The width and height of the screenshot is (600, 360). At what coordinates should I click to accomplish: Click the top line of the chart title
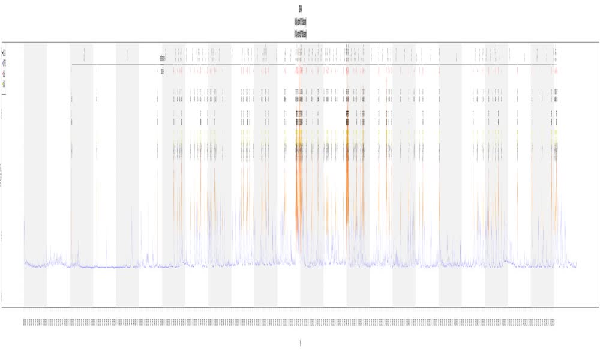click(300, 8)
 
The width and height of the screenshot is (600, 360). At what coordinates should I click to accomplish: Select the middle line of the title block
click(301, 22)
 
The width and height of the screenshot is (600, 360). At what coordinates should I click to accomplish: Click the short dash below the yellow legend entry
click(4, 94)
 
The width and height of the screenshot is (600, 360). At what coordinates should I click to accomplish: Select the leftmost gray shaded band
click(35, 174)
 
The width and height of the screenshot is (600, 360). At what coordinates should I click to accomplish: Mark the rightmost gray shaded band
click(542, 174)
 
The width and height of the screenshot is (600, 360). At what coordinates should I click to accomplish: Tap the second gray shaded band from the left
click(82, 174)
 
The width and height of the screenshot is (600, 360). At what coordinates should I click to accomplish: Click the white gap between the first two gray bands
click(58, 174)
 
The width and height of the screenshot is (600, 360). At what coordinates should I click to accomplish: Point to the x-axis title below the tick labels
click(300, 343)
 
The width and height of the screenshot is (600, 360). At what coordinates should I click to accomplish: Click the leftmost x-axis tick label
click(25, 323)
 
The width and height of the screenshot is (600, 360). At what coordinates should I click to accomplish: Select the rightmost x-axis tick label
click(554, 323)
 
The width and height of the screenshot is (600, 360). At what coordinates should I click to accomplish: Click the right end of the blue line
click(576, 266)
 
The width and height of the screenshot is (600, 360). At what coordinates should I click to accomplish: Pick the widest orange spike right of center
click(347, 180)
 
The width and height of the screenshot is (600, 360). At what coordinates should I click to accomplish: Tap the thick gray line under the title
click(300, 43)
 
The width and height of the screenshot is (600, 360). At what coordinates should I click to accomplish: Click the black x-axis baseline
click(300, 307)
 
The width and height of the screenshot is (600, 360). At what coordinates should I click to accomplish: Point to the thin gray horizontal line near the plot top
click(312, 64)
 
